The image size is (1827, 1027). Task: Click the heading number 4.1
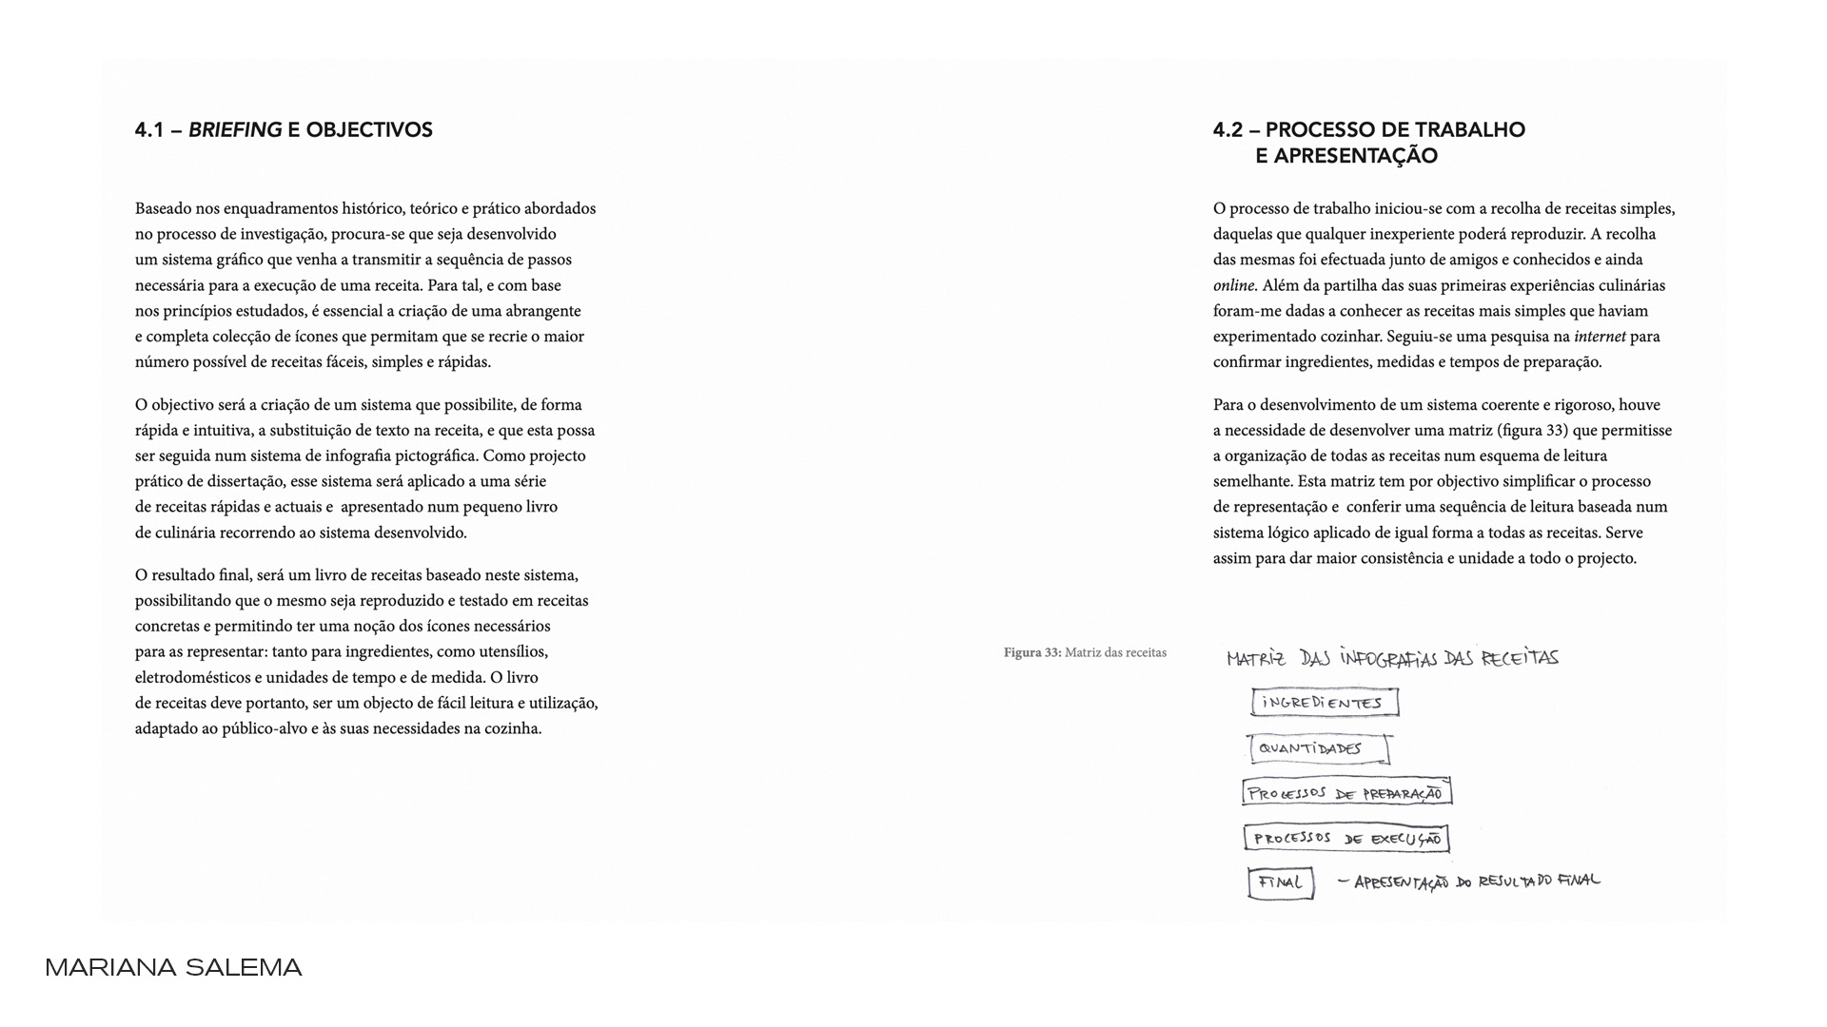149,130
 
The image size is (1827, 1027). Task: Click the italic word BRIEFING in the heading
235,130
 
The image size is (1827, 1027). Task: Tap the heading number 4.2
1228,130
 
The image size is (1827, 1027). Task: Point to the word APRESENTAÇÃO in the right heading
1346,156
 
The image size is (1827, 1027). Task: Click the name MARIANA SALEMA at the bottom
173,968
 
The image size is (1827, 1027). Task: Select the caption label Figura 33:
1032,652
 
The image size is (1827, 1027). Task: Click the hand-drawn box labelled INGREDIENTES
1325,703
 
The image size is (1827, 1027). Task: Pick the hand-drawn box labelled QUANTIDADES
1319,749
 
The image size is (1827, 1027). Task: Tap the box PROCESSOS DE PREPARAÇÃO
1346,793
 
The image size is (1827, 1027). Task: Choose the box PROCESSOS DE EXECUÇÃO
1346,839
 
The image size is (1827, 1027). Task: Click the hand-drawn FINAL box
1281,883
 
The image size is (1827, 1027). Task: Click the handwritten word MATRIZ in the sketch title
1256,658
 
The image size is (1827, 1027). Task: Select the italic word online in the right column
1234,285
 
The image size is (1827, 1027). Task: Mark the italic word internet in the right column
1600,337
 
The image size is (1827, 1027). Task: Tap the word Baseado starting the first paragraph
164,208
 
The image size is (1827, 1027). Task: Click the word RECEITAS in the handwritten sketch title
1520,658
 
